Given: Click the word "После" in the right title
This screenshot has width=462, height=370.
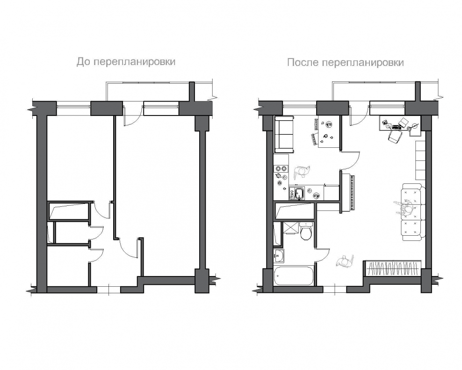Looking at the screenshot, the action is click(x=303, y=63).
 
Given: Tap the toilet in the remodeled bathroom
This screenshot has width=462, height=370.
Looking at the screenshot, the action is click(x=306, y=232).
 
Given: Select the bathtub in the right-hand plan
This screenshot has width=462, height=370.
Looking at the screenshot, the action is click(x=294, y=276).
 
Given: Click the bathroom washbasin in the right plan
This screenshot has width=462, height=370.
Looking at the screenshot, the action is click(x=279, y=256).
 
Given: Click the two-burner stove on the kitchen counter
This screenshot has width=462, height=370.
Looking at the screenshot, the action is click(x=281, y=168).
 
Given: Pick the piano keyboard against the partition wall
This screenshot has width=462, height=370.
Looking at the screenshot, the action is click(x=353, y=193).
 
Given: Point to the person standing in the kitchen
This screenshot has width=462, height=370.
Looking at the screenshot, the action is click(x=302, y=172).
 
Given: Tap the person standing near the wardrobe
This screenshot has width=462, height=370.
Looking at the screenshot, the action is click(x=345, y=261).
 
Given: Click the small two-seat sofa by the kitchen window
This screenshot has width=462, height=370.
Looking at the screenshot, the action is click(x=284, y=134).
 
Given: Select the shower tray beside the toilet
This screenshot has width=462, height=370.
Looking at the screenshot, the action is click(x=290, y=228).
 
